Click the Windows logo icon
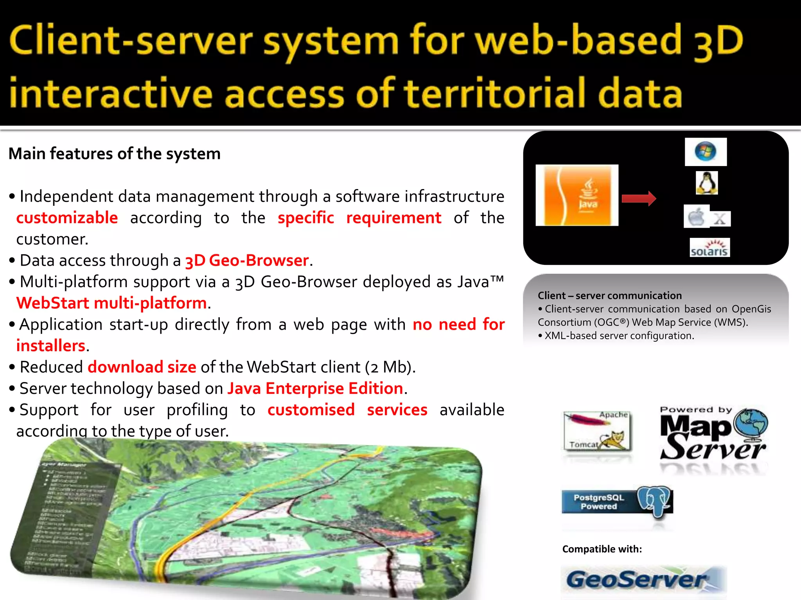pos(706,152)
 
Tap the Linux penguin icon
pos(707,183)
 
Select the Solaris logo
pos(709,248)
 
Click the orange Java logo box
pos(577,195)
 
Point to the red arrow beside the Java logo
pos(639,198)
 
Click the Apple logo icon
pos(696,216)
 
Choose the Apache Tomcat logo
pos(597,430)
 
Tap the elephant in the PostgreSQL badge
pos(654,501)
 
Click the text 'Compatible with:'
pos(602,549)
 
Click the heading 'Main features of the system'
pos(115,154)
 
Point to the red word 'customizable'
pos(67,218)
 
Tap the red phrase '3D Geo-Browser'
pos(247,260)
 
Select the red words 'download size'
pos(142,367)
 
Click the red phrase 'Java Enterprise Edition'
pos(315,388)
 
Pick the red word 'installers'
pos(51,346)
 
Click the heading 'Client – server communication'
pos(609,295)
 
